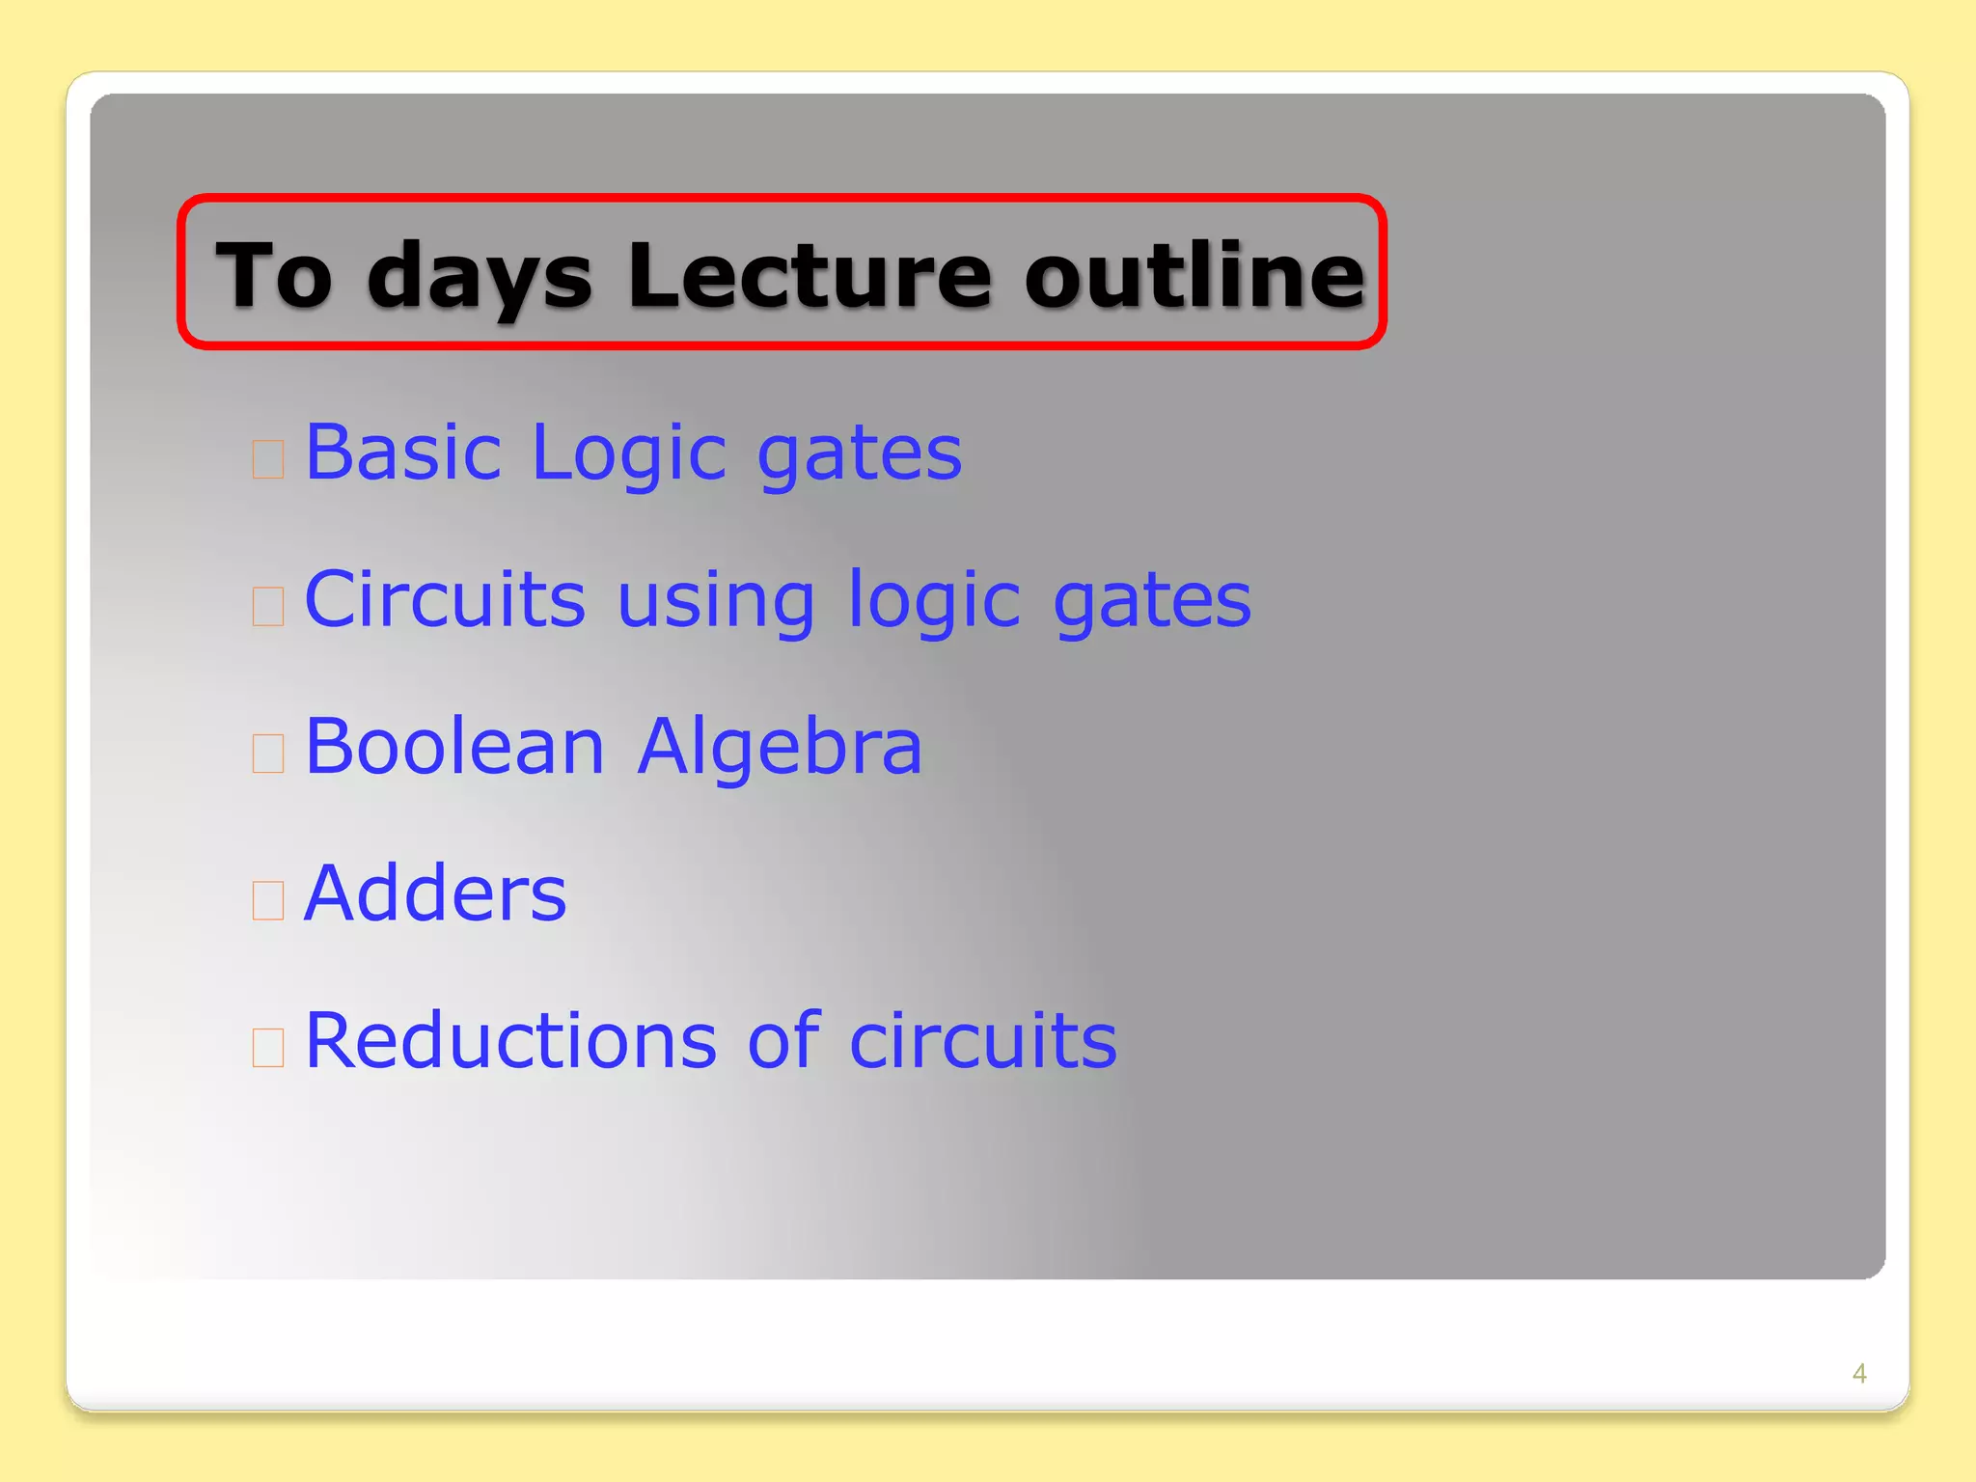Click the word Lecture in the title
(809, 276)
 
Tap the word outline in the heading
(1194, 276)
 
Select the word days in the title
(480, 278)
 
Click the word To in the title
(275, 276)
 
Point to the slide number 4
(1859, 1373)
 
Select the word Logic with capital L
(628, 453)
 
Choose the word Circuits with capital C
(445, 599)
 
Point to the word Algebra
(780, 748)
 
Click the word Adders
(435, 893)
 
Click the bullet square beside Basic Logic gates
(268, 459)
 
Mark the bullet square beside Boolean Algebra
(268, 754)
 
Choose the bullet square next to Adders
(268, 900)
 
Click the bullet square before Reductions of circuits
(268, 1047)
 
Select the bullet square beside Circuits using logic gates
(268, 607)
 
